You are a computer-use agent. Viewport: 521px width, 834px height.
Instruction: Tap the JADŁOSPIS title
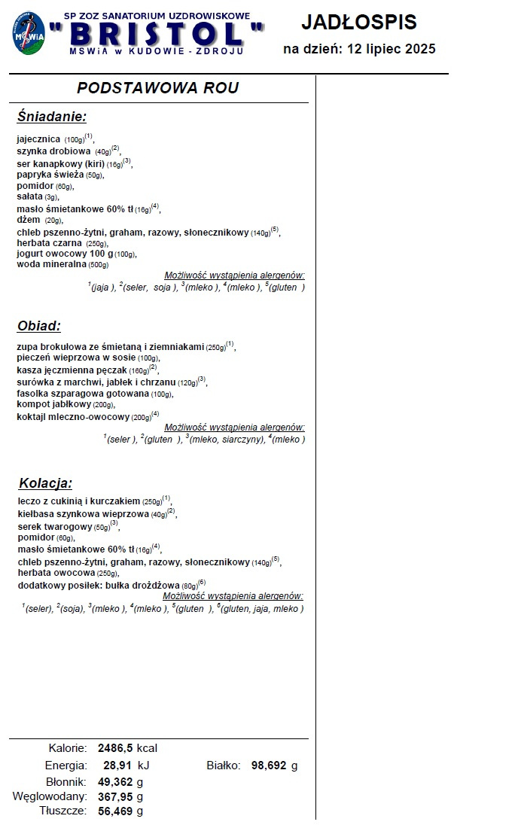[358, 23]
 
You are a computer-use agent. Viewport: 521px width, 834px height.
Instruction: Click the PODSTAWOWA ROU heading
[158, 88]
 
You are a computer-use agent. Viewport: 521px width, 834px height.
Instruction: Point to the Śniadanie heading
[52, 117]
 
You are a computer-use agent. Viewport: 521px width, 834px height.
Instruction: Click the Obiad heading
[38, 326]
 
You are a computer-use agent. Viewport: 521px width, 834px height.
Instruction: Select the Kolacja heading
[45, 483]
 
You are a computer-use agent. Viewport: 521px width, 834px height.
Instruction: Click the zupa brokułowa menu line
[110, 347]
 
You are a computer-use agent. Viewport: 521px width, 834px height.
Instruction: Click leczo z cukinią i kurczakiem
[79, 501]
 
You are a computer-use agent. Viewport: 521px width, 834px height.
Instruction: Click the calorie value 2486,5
[115, 748]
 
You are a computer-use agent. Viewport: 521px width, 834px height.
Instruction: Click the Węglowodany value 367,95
[115, 796]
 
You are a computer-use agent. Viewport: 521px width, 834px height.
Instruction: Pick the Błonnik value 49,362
[115, 781]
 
